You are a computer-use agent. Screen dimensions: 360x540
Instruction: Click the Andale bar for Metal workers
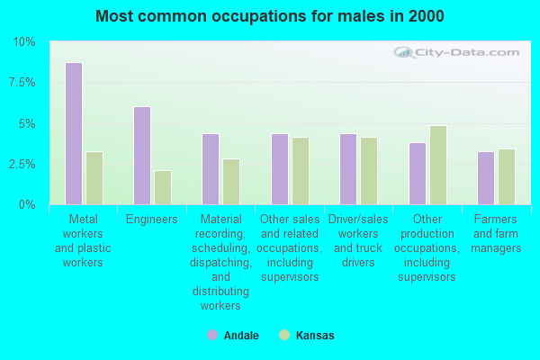pos(74,133)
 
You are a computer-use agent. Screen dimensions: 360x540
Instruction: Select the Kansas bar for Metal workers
pos(94,178)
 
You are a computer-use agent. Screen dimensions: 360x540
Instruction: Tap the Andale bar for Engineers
pos(142,156)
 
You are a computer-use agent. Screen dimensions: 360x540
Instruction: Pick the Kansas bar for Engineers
pos(163,187)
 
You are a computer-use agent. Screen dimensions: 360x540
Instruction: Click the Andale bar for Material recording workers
pos(211,169)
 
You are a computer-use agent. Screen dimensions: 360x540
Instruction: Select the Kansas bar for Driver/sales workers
pos(369,171)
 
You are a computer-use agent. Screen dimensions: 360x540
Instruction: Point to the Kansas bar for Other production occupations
pos(438,165)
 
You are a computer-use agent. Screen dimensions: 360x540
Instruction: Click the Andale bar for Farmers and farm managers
pos(486,178)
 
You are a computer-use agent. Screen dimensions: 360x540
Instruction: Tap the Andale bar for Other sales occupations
pos(280,169)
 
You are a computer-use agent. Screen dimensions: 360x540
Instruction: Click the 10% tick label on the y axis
pos(24,42)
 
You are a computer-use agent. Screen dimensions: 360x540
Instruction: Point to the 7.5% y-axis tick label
pos(22,83)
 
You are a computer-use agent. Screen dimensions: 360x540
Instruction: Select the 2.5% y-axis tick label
pos(22,165)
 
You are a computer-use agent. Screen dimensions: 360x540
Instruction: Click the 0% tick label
pos(27,205)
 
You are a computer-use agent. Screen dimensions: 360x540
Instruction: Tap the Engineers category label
pos(152,220)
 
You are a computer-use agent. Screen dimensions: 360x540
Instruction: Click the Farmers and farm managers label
pos(496,234)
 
